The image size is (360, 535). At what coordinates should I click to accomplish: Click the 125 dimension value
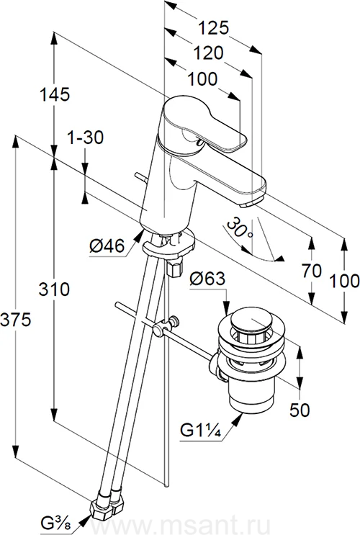click(213, 27)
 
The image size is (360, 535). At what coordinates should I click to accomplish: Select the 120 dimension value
click(209, 53)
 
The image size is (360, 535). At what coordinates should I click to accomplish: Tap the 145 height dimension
click(55, 94)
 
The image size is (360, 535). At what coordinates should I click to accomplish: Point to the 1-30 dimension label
click(85, 138)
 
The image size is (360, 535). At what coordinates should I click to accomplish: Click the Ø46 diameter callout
click(107, 246)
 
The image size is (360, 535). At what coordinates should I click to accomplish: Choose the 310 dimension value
click(54, 289)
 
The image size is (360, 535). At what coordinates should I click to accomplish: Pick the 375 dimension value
click(16, 320)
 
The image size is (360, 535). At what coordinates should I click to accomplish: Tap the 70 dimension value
click(312, 271)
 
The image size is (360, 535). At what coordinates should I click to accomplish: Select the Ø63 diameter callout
click(207, 279)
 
